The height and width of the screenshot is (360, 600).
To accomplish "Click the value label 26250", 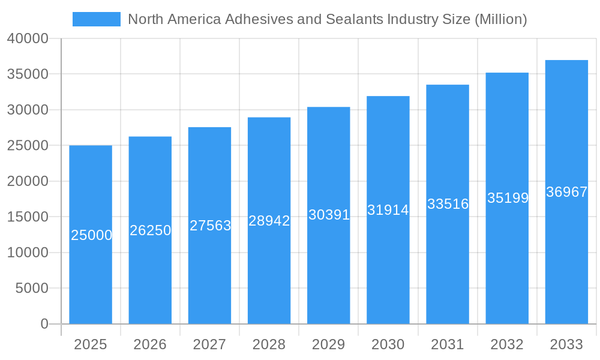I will pyautogui.click(x=151, y=230).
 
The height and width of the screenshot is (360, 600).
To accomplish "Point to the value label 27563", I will pyautogui.click(x=210, y=226).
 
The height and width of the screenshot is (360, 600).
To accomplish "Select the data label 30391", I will pyautogui.click(x=329, y=215).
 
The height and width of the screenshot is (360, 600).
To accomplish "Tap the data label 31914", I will pyautogui.click(x=388, y=210).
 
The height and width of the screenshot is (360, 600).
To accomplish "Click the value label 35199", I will pyautogui.click(x=508, y=198).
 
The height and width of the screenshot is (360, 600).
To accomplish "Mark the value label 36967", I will pyautogui.click(x=566, y=192).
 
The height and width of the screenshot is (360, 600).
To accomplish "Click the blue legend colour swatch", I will pyautogui.click(x=96, y=19).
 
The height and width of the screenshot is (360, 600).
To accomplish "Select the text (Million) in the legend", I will pyautogui.click(x=500, y=19).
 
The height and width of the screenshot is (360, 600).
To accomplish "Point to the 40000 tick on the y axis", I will pyautogui.click(x=28, y=38).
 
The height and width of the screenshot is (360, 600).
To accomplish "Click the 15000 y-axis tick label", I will pyautogui.click(x=28, y=217).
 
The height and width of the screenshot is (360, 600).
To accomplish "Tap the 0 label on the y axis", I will pyautogui.click(x=44, y=324).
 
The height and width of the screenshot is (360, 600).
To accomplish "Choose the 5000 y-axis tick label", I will pyautogui.click(x=31, y=289).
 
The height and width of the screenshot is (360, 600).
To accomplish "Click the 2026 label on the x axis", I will pyautogui.click(x=150, y=344).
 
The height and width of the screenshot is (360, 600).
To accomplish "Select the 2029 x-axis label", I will pyautogui.click(x=328, y=344).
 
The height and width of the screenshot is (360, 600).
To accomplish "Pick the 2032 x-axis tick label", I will pyautogui.click(x=507, y=344).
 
